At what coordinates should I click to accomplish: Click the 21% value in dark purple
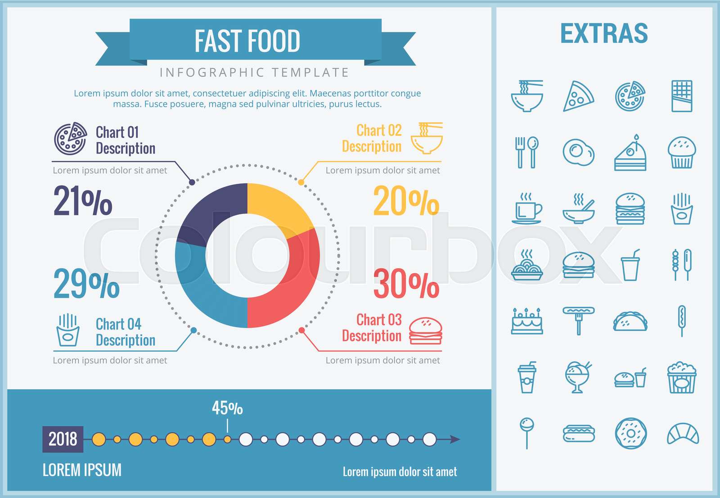[83, 201]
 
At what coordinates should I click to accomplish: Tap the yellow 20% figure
[406, 201]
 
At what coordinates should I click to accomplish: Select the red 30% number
[406, 284]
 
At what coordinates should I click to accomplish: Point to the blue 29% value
[86, 284]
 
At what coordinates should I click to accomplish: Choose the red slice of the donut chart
[292, 283]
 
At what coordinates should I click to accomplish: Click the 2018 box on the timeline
[63, 439]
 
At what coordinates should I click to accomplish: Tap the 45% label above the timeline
[227, 408]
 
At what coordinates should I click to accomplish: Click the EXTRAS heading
[604, 34]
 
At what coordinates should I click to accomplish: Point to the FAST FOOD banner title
[247, 41]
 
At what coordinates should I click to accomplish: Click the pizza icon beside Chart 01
[71, 138]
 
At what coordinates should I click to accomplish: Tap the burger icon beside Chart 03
[425, 331]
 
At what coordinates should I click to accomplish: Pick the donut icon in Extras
[630, 434]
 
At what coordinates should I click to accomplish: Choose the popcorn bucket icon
[682, 378]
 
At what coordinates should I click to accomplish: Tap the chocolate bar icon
[682, 96]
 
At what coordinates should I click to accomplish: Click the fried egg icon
[578, 152]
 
